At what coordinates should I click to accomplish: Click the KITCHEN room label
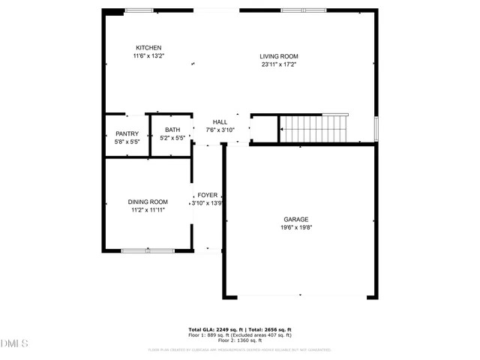[x=148, y=47]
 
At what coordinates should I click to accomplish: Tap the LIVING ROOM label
[x=279, y=56]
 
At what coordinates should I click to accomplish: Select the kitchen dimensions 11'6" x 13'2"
[x=148, y=55]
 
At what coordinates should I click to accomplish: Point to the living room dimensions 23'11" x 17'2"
[x=279, y=64]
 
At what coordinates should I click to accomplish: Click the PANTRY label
[x=127, y=133]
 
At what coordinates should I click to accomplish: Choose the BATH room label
[x=172, y=130]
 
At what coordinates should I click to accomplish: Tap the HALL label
[x=220, y=121]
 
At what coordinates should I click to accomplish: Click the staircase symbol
[x=314, y=128]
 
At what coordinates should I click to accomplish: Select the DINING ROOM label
[x=148, y=202]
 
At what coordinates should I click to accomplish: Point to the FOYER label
[x=207, y=195]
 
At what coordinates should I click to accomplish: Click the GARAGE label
[x=295, y=219]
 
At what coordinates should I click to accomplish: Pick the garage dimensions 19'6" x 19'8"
[x=295, y=227]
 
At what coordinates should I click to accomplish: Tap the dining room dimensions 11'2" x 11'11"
[x=148, y=210]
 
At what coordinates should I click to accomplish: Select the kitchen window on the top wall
[x=139, y=10]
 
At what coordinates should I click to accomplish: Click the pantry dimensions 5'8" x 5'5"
[x=127, y=141]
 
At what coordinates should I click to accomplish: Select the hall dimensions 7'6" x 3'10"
[x=220, y=130]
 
